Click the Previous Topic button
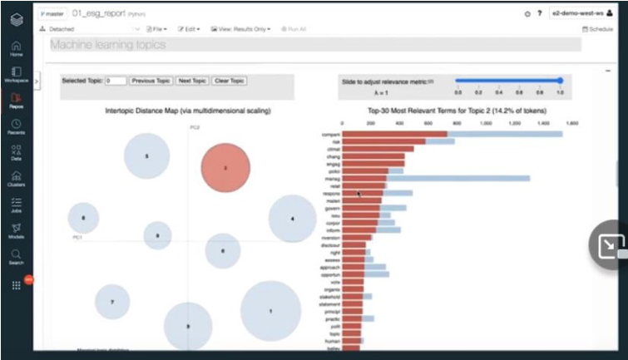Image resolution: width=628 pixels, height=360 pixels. tap(151, 81)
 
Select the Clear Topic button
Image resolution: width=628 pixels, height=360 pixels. tap(230, 81)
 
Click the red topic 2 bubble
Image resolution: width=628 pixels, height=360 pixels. tap(225, 167)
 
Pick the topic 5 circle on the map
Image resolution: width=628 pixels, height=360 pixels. tap(147, 156)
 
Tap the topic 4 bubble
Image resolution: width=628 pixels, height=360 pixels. tap(292, 219)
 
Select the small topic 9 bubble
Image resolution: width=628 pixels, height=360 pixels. tap(157, 235)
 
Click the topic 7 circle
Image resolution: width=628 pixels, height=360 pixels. tap(112, 302)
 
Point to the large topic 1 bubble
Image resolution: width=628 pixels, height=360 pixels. tap(270, 310)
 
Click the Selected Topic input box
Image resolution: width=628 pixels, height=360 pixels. tap(116, 81)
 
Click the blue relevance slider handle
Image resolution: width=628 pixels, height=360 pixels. tap(560, 81)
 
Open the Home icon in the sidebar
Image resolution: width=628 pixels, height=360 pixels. tap(16, 47)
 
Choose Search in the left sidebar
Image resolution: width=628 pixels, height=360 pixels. tap(16, 256)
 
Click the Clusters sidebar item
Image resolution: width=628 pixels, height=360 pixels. tap(16, 179)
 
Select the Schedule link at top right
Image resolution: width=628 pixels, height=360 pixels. tap(597, 29)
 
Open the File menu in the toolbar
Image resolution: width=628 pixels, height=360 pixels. tap(160, 29)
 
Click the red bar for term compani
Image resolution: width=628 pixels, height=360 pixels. tap(394, 134)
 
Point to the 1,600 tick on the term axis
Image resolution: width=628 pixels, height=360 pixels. tap(572, 122)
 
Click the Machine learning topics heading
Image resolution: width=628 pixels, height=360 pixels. tap(108, 45)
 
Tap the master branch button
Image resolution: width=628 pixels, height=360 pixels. tap(53, 14)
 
